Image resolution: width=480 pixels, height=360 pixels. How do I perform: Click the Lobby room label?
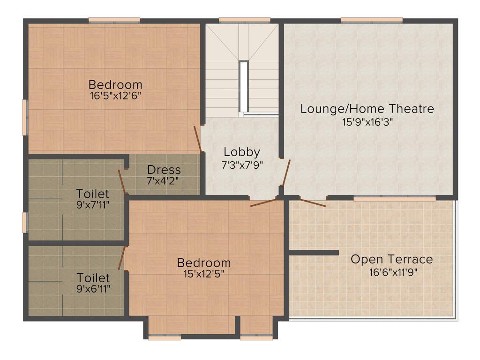241,152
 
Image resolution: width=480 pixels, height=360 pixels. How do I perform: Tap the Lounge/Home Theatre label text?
367,109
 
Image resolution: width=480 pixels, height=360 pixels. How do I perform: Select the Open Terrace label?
392,259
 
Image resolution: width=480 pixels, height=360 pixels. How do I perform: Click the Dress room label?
164,170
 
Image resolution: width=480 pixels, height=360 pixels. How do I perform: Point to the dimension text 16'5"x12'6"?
115,96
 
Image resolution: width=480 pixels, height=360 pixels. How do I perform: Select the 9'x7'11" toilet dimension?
93,204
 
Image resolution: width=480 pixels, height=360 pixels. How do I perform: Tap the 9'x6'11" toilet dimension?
93,288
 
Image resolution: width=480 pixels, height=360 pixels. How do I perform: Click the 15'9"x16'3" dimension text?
367,122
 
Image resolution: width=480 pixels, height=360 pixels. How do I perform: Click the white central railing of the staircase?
243,87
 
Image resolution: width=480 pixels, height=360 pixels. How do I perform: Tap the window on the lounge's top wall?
371,20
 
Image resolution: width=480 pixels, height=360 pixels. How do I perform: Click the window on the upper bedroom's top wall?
114,20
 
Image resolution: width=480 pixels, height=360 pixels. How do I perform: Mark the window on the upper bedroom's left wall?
25,117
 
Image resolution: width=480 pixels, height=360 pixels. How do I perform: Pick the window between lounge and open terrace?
394,198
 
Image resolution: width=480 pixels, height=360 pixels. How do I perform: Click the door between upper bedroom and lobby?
198,139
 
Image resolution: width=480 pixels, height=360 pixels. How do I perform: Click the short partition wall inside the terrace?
314,253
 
